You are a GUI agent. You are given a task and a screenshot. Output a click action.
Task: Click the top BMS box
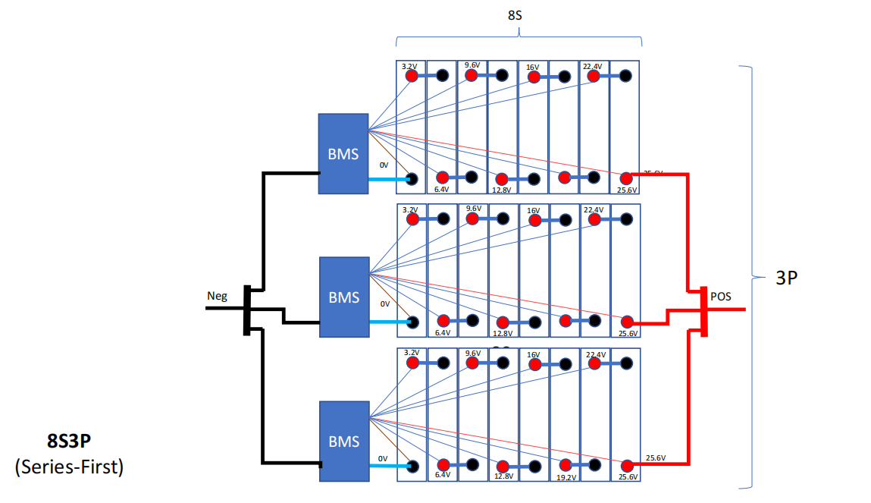[343, 154]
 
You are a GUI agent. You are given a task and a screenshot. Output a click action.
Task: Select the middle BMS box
[343, 297]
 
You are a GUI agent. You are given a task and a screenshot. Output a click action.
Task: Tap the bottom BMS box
[343, 441]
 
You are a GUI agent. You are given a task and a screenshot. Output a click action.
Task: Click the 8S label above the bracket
[515, 14]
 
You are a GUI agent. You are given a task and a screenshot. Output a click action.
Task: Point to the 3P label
[786, 278]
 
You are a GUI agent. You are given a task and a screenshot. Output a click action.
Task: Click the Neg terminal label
[218, 296]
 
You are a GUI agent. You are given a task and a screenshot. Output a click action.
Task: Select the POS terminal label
[721, 296]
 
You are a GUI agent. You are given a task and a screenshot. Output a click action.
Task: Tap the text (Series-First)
[69, 467]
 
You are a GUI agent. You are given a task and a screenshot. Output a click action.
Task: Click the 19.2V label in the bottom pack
[566, 476]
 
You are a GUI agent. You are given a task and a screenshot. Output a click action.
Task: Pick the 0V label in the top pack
[384, 165]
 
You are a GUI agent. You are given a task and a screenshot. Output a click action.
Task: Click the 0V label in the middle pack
[384, 304]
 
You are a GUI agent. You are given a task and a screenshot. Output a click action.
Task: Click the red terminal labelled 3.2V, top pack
[412, 77]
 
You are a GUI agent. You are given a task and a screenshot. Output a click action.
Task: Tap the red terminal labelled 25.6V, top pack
[626, 178]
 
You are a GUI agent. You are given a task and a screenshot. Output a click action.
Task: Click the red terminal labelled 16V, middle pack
[534, 221]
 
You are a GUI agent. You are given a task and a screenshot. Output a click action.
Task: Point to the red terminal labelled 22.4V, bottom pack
[595, 363]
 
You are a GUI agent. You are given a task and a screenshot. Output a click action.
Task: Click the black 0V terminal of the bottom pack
[412, 465]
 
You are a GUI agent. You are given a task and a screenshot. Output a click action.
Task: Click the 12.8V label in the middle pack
[502, 333]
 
